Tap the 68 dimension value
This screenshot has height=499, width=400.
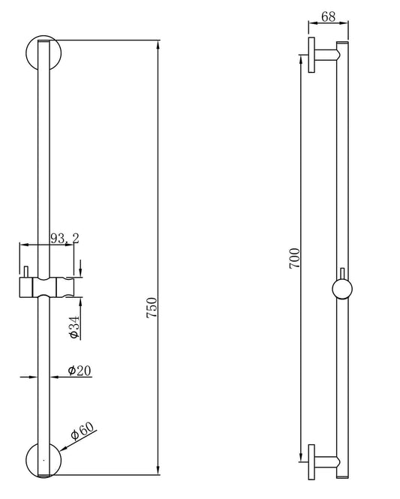coord(327,16)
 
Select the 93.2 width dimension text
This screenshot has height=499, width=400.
coord(65,239)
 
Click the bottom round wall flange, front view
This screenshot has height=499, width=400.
coord(42,459)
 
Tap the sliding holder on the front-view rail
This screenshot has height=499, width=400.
coord(48,287)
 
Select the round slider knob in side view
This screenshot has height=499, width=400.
coord(341,290)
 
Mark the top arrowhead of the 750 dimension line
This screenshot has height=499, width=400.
coord(158,43)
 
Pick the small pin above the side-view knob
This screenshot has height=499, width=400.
coord(341,272)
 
